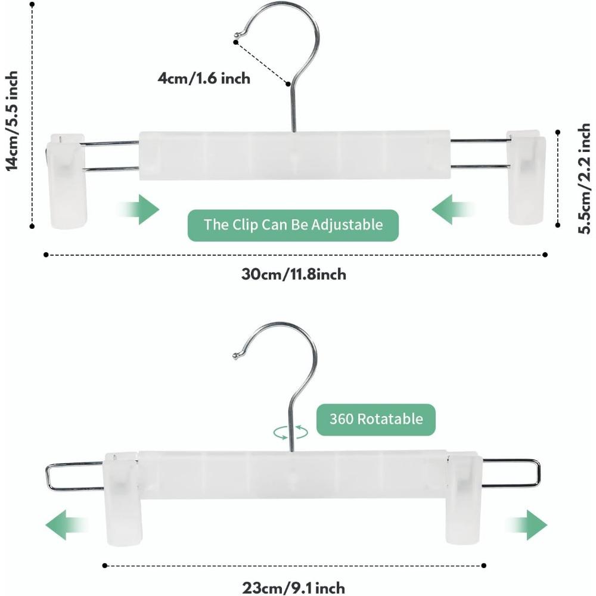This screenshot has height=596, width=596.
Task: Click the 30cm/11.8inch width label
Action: coord(293,274)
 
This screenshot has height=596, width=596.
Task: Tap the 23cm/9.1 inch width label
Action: coord(293,588)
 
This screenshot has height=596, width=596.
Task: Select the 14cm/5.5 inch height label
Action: coord(12,121)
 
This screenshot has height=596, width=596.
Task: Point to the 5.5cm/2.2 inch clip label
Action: coord(584,178)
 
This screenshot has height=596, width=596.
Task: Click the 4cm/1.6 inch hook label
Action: coord(204,78)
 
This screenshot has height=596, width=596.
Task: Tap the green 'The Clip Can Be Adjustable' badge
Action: coord(293,225)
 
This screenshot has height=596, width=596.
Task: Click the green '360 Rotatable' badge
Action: coord(376,419)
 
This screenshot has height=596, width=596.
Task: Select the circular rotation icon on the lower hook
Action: coord(291,432)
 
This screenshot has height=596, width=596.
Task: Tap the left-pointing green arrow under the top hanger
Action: coord(452,209)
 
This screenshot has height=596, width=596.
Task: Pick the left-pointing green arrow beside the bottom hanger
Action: coord(67,525)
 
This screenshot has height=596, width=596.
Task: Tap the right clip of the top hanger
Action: coord(526,178)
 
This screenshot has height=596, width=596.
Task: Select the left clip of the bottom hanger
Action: coord(121,499)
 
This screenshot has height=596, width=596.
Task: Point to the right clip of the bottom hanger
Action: coord(464,498)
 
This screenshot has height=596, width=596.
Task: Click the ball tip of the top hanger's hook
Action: coord(237,35)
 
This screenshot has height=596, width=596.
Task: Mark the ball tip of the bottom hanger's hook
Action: coord(235,356)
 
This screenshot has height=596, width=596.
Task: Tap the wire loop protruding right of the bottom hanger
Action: coord(539,473)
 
